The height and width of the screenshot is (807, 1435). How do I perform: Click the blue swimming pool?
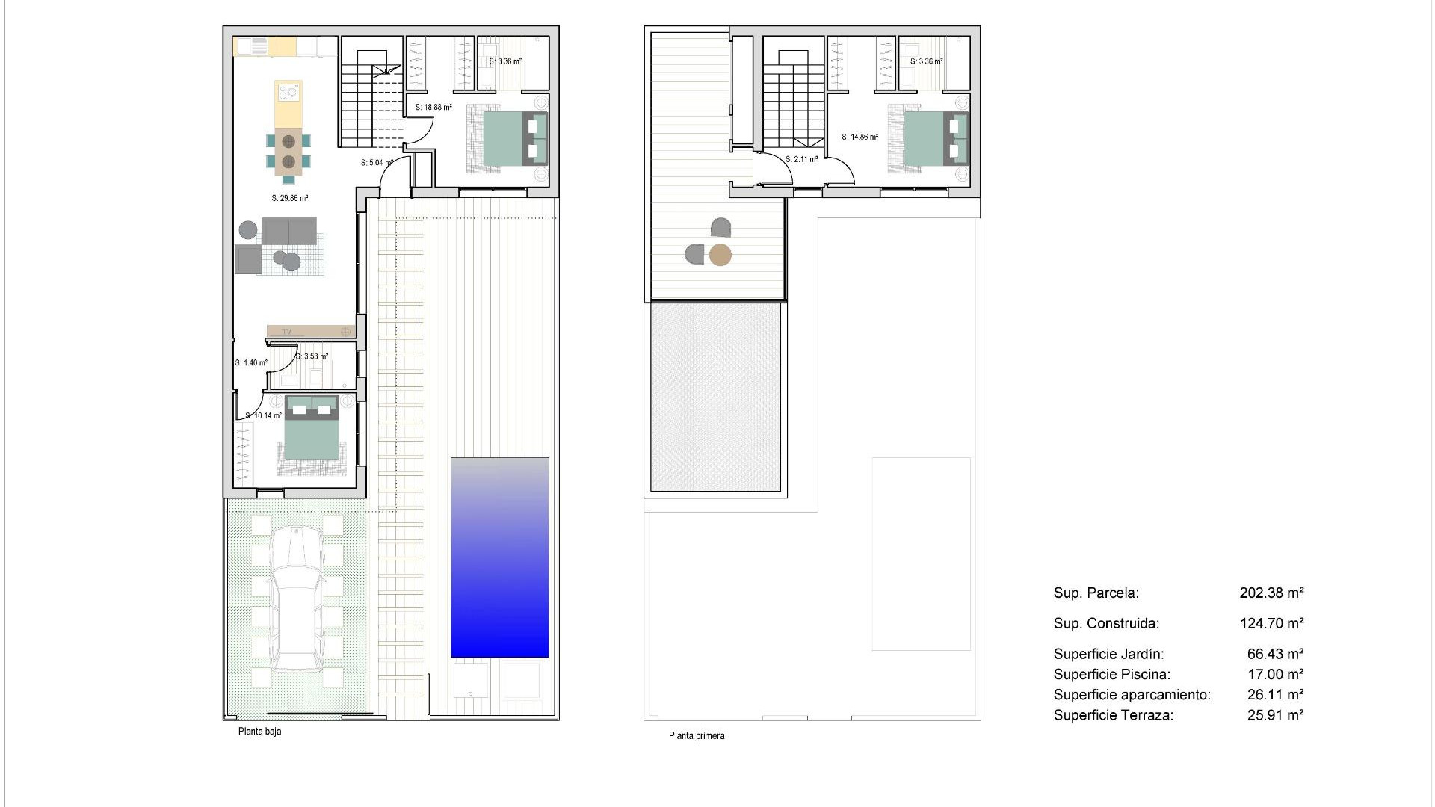[x=499, y=557]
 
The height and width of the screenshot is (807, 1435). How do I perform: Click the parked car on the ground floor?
[x=297, y=598]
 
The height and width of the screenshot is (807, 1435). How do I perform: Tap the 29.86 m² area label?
[x=290, y=199]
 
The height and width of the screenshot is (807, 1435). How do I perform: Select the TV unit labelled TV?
[x=310, y=331]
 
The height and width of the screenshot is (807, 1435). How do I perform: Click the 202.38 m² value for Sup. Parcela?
[x=1271, y=593]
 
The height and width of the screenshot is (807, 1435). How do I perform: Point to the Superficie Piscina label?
[x=1111, y=675]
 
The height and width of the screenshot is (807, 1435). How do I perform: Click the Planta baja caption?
[x=259, y=732]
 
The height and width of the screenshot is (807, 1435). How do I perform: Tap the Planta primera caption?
[x=696, y=736]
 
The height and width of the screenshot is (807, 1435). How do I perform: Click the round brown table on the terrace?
[x=720, y=256]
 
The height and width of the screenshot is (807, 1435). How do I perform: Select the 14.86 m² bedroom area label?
[x=860, y=137]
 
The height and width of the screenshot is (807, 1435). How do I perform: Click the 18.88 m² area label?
[x=433, y=108]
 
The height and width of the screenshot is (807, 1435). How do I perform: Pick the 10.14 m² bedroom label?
[x=263, y=416]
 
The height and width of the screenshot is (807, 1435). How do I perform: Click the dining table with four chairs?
[x=288, y=152]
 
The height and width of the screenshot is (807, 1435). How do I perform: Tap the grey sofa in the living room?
[x=288, y=232]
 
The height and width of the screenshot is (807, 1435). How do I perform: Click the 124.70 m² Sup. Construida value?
[x=1271, y=623]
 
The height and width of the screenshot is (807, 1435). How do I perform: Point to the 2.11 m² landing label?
[x=801, y=160]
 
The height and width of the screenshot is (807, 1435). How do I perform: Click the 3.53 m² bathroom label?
[x=312, y=356]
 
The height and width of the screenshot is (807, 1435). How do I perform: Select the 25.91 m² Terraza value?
[x=1275, y=715]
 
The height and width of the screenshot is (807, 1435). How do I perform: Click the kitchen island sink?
[x=288, y=93]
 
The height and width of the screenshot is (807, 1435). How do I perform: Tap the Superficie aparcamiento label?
[x=1132, y=695]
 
